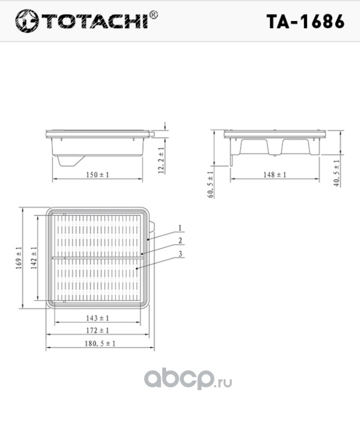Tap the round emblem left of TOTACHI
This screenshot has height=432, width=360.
[x=27, y=21]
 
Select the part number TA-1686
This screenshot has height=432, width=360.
[x=305, y=21]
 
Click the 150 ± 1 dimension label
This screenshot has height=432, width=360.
[x=98, y=174]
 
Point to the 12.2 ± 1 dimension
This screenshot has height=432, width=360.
[x=162, y=160]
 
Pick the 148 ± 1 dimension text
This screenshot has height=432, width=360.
[x=275, y=174]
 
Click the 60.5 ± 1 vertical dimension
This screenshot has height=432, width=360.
[x=210, y=184]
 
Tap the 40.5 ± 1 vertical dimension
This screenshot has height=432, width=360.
[x=337, y=173]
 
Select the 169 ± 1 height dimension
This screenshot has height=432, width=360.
[x=19, y=258]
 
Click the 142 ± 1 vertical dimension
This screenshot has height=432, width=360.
[x=34, y=258]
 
